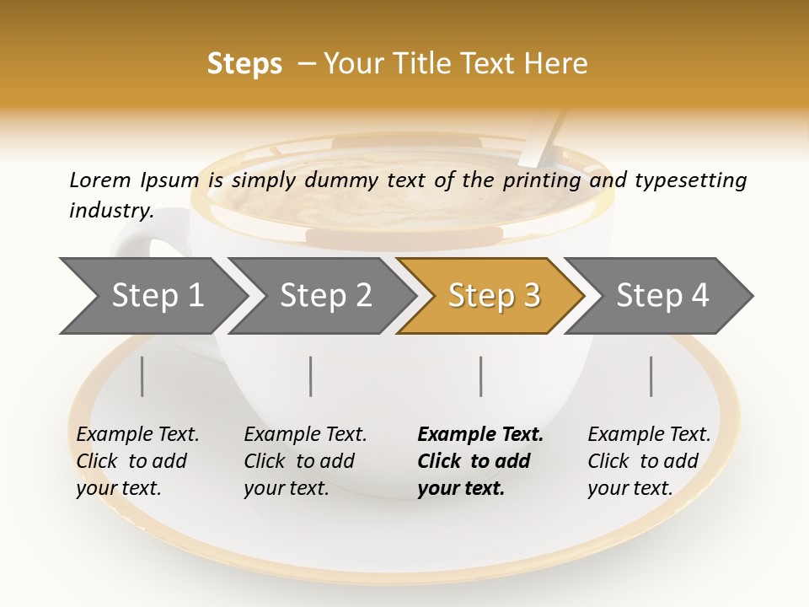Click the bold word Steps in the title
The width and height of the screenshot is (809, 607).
[244, 64]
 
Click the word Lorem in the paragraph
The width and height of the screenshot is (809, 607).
[100, 180]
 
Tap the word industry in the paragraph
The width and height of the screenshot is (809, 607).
[111, 210]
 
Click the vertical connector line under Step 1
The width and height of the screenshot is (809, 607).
[142, 376]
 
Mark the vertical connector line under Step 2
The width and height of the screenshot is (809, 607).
[311, 376]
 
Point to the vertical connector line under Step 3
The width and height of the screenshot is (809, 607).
[481, 376]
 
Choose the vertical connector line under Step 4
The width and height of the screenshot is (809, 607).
[651, 376]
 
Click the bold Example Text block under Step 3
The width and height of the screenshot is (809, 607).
[479, 461]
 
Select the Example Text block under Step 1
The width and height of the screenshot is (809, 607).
[137, 461]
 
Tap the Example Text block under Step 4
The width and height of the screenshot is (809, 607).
[648, 461]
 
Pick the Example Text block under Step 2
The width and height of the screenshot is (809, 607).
[304, 461]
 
